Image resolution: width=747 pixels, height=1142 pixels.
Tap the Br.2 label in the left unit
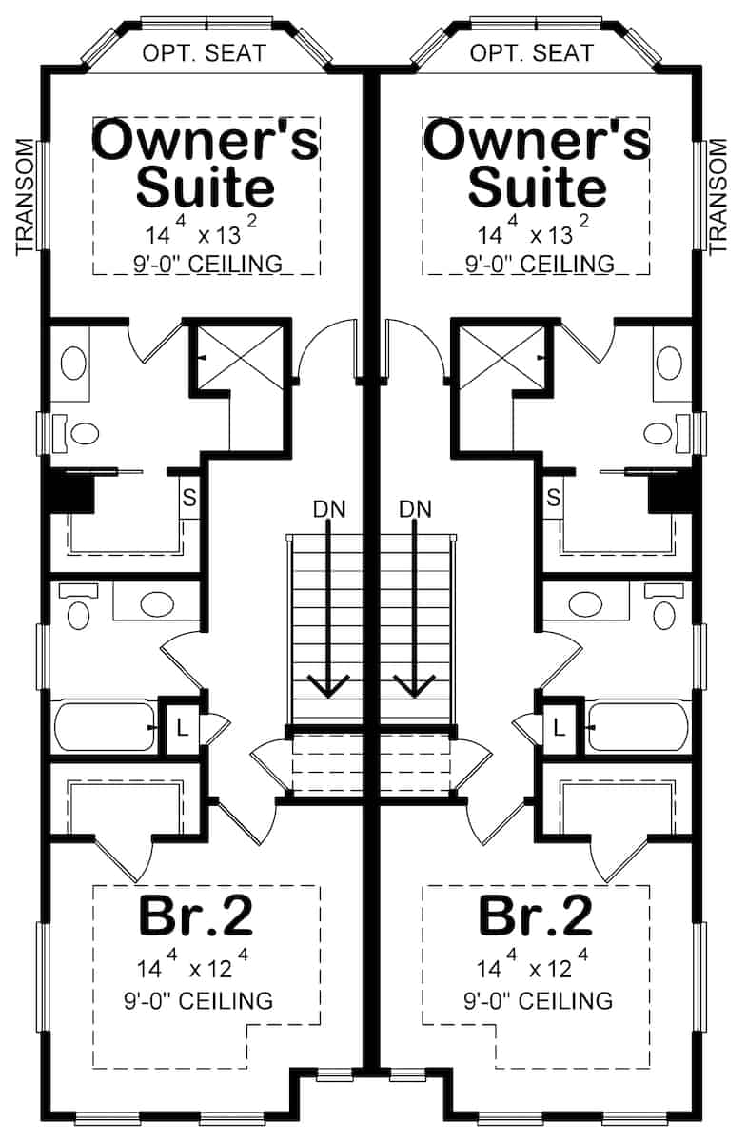[196, 916]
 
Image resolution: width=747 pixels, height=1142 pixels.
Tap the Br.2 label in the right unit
[536, 916]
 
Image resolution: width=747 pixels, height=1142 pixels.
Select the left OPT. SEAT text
[204, 53]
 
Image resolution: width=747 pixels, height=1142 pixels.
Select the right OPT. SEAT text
[533, 53]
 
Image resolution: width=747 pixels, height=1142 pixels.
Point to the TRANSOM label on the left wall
[26, 198]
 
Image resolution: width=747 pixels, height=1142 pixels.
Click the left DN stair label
[327, 509]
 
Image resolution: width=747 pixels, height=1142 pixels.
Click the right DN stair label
[416, 509]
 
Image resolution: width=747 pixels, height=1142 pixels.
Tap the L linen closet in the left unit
[182, 730]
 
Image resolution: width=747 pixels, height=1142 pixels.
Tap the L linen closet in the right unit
[560, 730]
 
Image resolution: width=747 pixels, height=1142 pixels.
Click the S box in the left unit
[188, 497]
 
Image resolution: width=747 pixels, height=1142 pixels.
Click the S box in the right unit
[553, 497]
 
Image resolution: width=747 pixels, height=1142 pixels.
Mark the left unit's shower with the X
[239, 358]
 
